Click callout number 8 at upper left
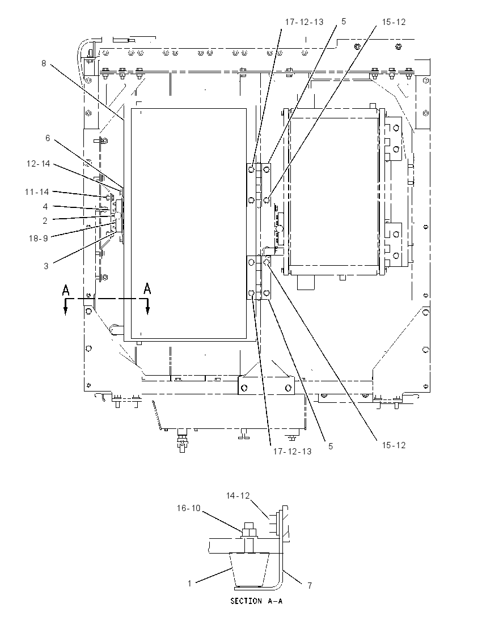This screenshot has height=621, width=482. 44,63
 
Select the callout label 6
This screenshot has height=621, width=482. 48,138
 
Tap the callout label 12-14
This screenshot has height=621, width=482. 39,164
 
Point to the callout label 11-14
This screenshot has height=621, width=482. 37,192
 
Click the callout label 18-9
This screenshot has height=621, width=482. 39,238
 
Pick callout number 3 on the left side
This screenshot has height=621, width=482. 46,266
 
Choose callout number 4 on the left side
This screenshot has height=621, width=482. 45,207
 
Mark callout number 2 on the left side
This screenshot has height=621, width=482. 45,220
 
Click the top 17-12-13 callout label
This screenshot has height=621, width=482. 305,22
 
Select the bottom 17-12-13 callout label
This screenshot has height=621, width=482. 293,451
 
